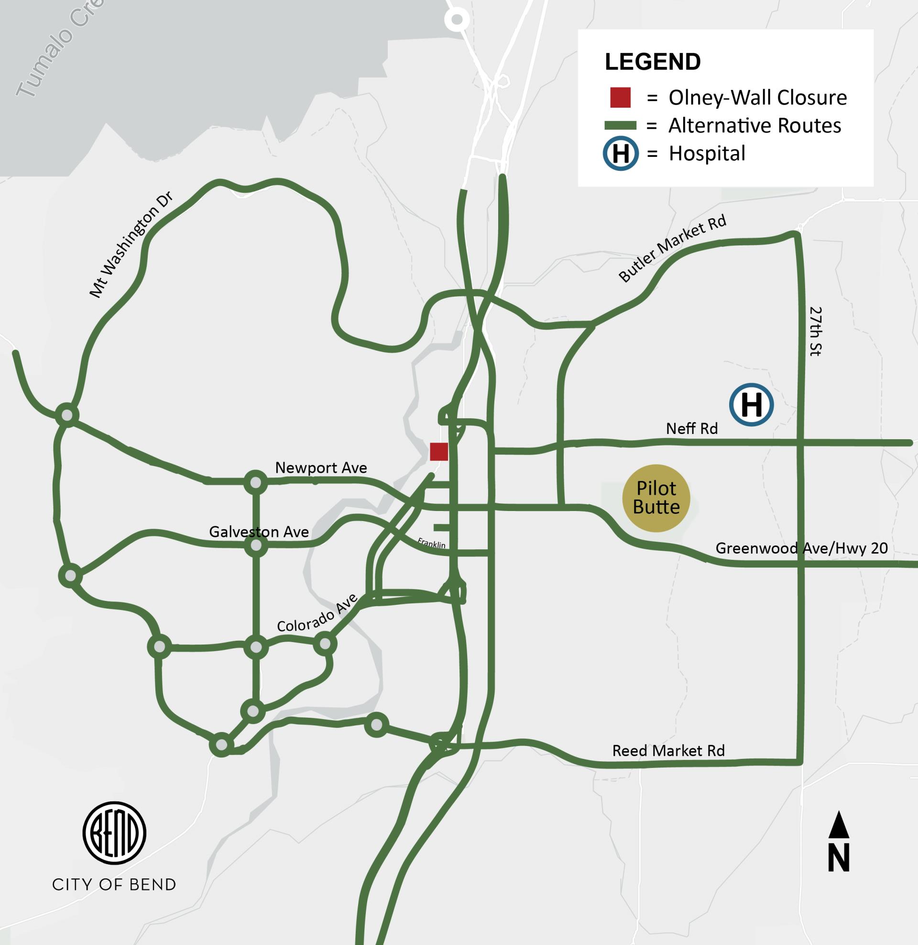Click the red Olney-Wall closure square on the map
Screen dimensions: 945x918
coord(439,452)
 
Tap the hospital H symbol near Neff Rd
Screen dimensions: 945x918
coord(751,405)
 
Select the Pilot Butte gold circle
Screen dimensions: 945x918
coord(656,498)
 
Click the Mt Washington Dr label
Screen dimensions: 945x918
coord(131,245)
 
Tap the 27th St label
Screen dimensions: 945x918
coord(815,332)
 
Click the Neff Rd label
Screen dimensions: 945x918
coord(691,428)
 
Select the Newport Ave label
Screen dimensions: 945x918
coord(321,467)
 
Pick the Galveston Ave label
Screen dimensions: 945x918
coord(259,532)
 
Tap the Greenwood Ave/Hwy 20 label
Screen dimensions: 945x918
coord(801,548)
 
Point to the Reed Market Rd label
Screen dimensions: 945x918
coord(668,751)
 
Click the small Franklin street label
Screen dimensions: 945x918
coord(432,543)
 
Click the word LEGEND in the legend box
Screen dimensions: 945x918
coord(653,62)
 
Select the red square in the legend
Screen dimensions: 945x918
coord(621,98)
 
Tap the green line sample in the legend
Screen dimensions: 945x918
coord(621,126)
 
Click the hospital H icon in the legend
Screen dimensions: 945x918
coord(621,154)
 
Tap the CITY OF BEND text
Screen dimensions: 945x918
coord(114,885)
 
